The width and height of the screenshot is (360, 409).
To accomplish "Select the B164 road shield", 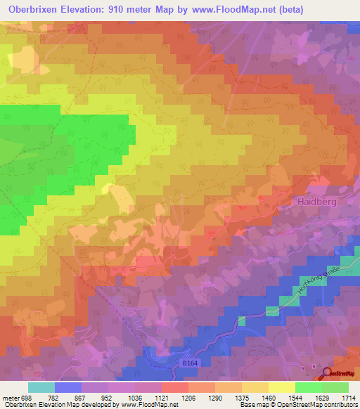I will point(187,365).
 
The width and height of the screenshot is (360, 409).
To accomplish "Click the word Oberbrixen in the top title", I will point(37,9).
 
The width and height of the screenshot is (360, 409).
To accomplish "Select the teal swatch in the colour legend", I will point(41,387).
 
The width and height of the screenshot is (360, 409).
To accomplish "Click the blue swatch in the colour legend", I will point(68,387).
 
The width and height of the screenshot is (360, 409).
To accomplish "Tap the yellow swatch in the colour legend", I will point(282,387).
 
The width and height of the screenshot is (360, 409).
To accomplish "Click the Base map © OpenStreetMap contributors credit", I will point(297,405).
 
